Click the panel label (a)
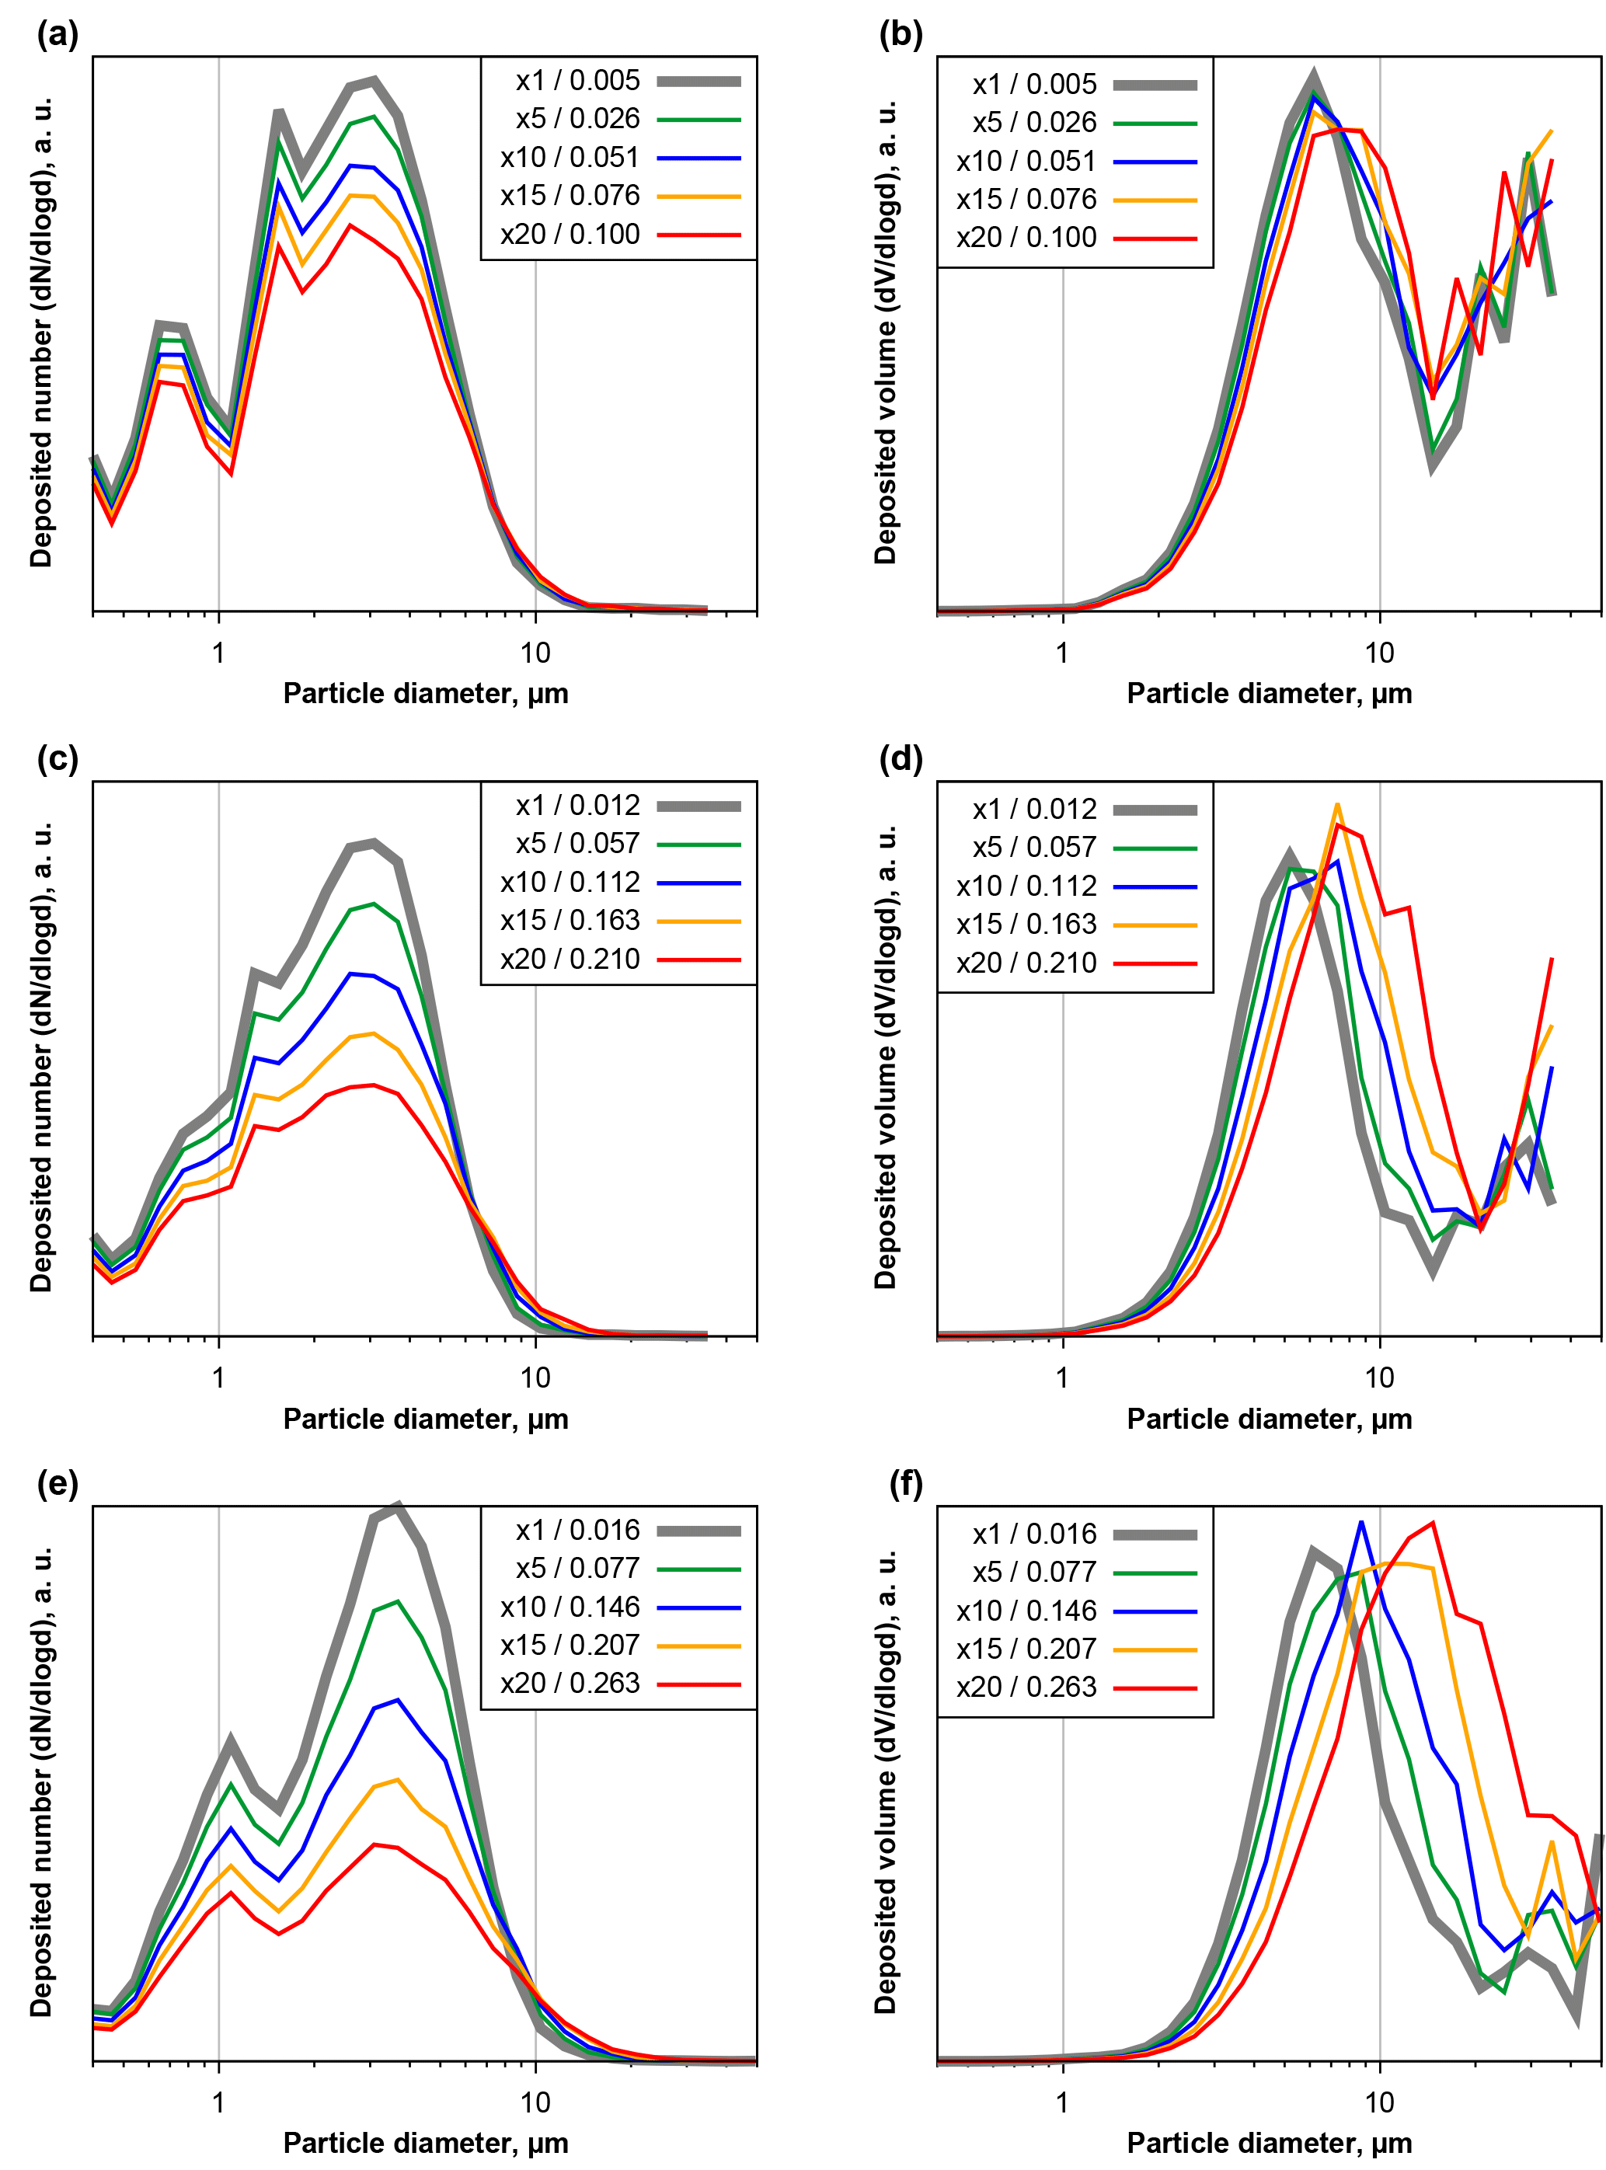(x=57, y=36)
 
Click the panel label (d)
(x=901, y=759)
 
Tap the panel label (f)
(x=905, y=1485)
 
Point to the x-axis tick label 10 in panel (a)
(x=535, y=653)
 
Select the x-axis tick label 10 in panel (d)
(x=1378, y=1378)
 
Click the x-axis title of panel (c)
(x=426, y=1419)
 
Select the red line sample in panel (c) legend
(x=698, y=960)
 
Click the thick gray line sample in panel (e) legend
(x=698, y=1531)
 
